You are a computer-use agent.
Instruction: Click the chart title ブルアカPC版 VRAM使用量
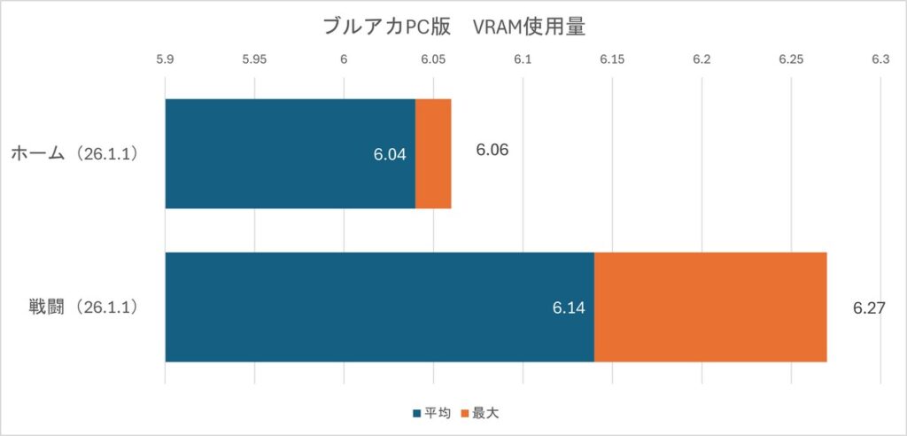point(453,27)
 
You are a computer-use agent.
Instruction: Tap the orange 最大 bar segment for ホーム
point(433,153)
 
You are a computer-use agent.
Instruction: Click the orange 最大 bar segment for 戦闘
point(709,307)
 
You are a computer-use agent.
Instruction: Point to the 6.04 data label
point(390,154)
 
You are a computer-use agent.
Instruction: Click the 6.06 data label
point(492,150)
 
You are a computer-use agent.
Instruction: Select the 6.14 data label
point(569,308)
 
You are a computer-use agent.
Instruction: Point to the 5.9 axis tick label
point(165,60)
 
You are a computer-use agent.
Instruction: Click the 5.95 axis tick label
point(254,60)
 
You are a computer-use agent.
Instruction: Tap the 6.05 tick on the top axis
point(433,60)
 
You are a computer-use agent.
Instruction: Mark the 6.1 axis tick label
point(523,60)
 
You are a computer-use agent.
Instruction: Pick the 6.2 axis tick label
point(702,60)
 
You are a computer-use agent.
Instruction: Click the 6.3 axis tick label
point(880,60)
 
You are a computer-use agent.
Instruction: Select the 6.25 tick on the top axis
point(790,60)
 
